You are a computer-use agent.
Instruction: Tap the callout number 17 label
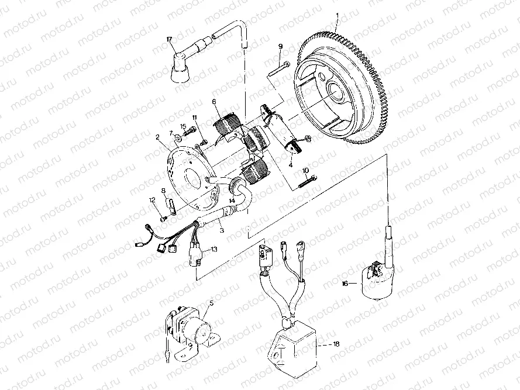170,39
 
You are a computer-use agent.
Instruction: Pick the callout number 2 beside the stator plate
158,138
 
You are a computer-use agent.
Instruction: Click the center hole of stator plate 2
190,177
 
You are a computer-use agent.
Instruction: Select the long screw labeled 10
304,181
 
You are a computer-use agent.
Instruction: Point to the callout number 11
194,118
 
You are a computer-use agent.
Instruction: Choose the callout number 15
183,127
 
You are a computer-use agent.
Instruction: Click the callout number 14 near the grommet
232,201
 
